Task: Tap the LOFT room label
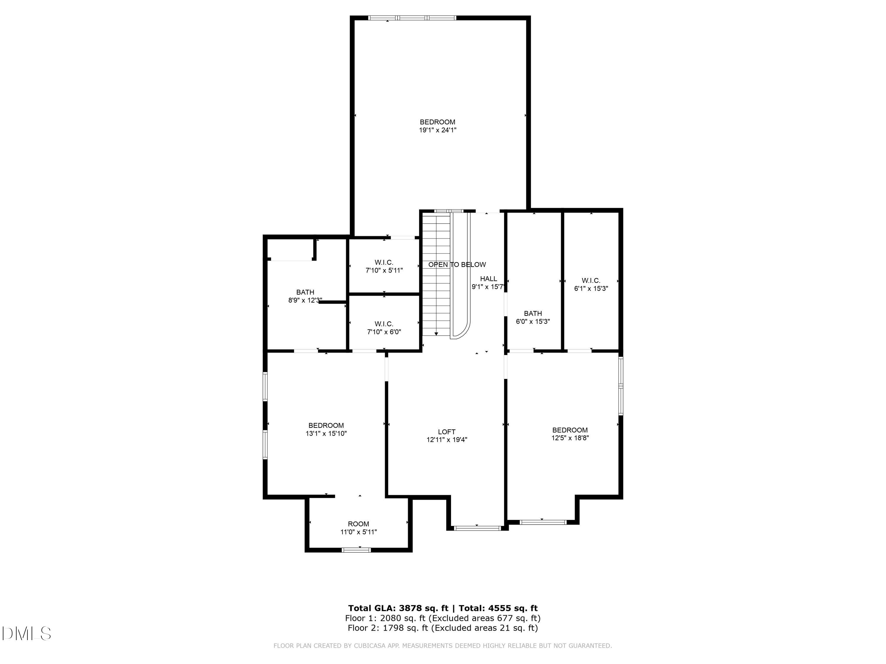coord(447,432)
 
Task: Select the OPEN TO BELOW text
coord(457,264)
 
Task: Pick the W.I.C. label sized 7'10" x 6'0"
coord(384,324)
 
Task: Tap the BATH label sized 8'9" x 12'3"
coord(305,292)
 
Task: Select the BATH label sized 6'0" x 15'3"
coord(533,314)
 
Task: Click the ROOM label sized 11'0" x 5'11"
coord(358,524)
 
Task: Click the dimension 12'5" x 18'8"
coord(570,438)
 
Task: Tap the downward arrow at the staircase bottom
coord(436,334)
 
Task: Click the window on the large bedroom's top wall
coord(412,18)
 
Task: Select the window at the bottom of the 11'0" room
coord(356,550)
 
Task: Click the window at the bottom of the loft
coord(478,528)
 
